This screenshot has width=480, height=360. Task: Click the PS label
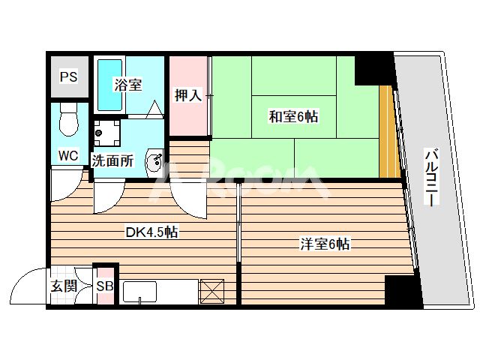(x=69, y=76)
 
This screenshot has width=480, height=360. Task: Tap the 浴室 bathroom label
(x=127, y=85)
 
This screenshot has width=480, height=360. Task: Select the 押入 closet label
(x=187, y=95)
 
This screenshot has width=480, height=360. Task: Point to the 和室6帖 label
(x=294, y=116)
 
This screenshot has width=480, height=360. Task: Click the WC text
(x=69, y=157)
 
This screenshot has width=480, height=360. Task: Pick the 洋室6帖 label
(x=325, y=243)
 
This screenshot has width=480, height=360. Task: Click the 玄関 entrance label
(x=64, y=286)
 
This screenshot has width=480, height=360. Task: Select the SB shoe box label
(x=105, y=286)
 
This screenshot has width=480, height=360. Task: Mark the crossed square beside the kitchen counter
(x=212, y=289)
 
